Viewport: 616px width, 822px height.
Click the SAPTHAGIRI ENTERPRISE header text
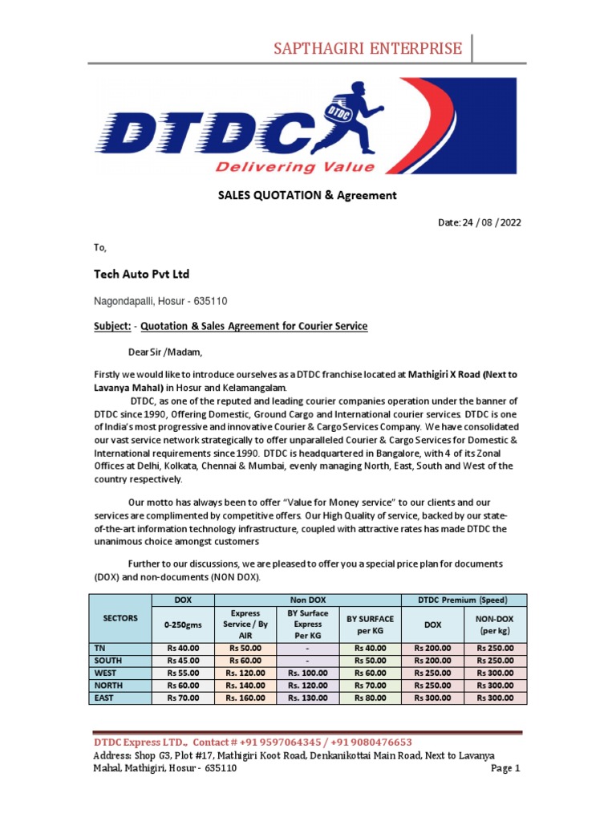coord(368,48)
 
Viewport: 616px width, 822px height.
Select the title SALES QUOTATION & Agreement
coord(306,195)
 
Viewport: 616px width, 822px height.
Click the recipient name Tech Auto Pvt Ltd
coord(141,275)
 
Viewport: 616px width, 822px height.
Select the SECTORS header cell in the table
coord(121,618)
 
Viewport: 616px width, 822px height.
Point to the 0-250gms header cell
coord(183,624)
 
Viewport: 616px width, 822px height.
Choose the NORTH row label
coord(107,686)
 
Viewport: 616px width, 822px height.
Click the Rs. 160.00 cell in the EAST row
coord(245,698)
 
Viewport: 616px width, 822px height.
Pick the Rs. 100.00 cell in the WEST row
coord(307,673)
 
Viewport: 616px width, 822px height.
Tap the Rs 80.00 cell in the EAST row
coord(370,698)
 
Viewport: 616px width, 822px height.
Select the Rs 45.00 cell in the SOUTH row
coord(183,660)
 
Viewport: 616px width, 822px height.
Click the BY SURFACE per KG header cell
coord(370,624)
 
